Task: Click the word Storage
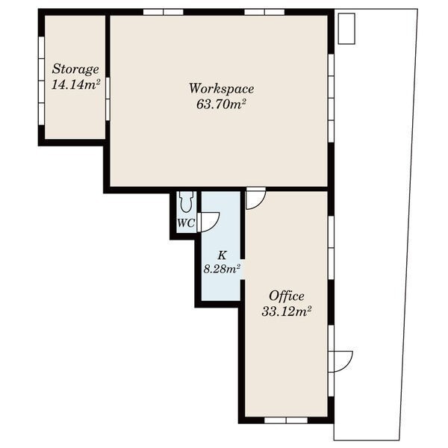pyautogui.click(x=75, y=69)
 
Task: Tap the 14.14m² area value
pyautogui.click(x=75, y=84)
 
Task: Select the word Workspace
pyautogui.click(x=222, y=89)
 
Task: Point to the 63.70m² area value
pyautogui.click(x=222, y=105)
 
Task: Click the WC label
pyautogui.click(x=186, y=223)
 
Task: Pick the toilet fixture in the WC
pyautogui.click(x=186, y=202)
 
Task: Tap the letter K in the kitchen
pyautogui.click(x=222, y=255)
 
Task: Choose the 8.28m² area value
pyautogui.click(x=222, y=269)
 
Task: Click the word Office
pyautogui.click(x=287, y=296)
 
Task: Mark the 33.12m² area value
pyautogui.click(x=286, y=311)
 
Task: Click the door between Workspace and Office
pyautogui.click(x=256, y=199)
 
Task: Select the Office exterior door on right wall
pyautogui.click(x=340, y=361)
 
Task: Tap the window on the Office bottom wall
pyautogui.click(x=286, y=420)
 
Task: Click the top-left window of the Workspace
pyautogui.click(x=163, y=12)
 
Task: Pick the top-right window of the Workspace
pyautogui.click(x=264, y=12)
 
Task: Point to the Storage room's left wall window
pyautogui.click(x=41, y=81)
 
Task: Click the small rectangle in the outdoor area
pyautogui.click(x=346, y=28)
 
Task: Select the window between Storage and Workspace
pyautogui.click(x=108, y=99)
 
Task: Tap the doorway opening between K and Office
pyautogui.click(x=242, y=270)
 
